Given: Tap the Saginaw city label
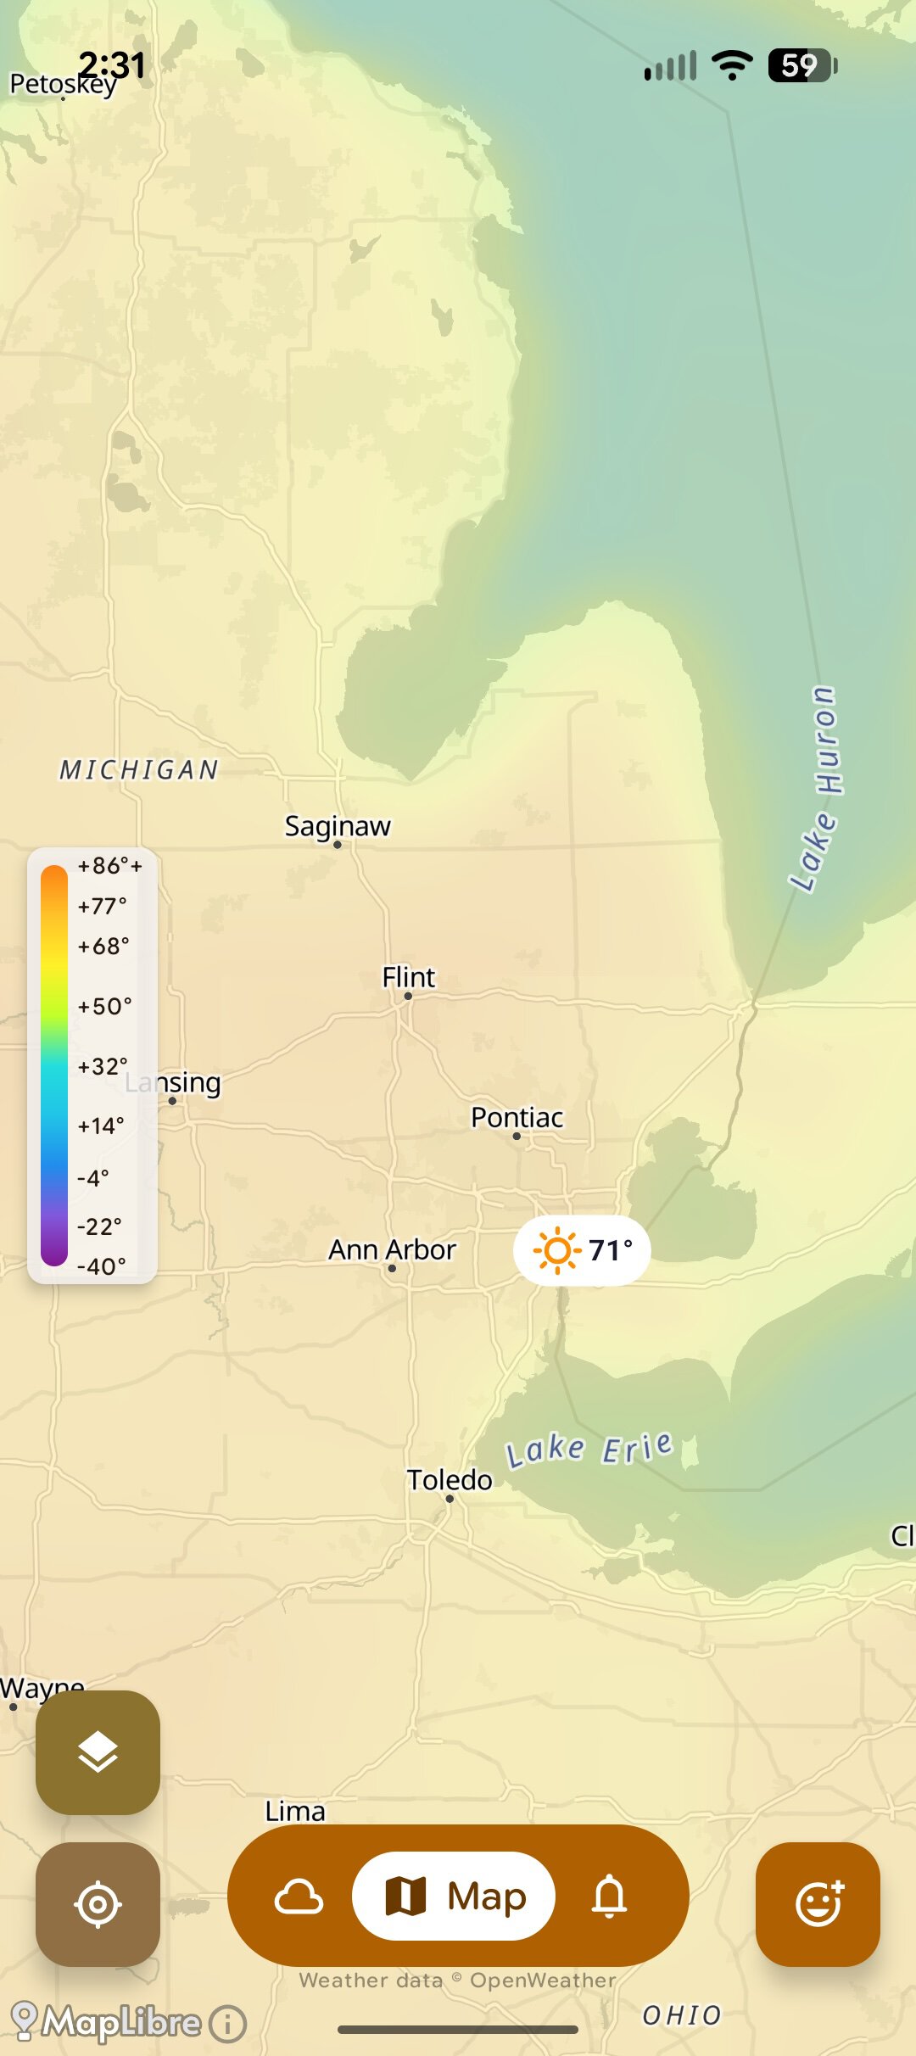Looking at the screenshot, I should (x=338, y=826).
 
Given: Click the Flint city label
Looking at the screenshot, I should (x=408, y=977).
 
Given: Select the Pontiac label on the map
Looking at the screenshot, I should (x=517, y=1117).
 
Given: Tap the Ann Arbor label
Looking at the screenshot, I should (x=392, y=1249).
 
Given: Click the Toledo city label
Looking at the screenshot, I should (x=450, y=1480).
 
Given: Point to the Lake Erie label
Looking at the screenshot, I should (x=589, y=1449).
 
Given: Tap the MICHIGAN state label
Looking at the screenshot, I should (x=139, y=769).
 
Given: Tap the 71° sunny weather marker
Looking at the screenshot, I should (x=582, y=1250).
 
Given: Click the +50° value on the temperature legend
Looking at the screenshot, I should (x=104, y=1006).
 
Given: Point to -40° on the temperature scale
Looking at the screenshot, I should (x=101, y=1266).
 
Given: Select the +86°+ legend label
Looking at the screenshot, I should (x=109, y=866).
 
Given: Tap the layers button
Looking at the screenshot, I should (x=98, y=1752).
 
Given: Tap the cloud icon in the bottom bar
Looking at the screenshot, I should (x=299, y=1897).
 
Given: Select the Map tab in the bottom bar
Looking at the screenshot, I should (x=454, y=1897).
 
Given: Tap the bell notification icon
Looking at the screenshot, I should (x=609, y=1897).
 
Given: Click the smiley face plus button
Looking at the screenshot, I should (x=818, y=1903).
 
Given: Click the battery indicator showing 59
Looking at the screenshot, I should (x=801, y=65).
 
